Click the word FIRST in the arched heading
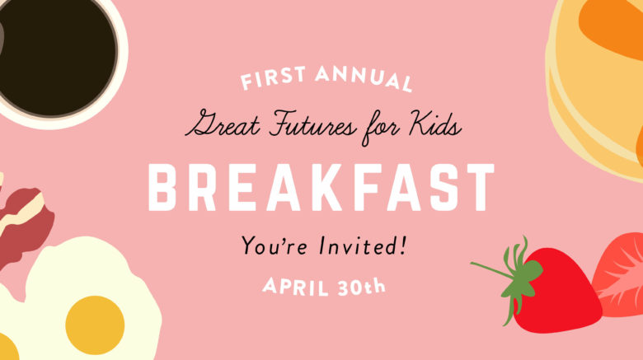tap(273, 78)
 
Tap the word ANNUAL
tap(364, 79)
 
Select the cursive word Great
tap(223, 124)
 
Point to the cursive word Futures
tap(313, 123)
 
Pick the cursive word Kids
tap(435, 122)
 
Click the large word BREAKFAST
tap(321, 187)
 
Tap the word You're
tap(274, 245)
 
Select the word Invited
tap(356, 245)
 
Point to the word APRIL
tap(296, 286)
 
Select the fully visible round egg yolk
tap(95, 325)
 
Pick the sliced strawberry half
tap(619, 274)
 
